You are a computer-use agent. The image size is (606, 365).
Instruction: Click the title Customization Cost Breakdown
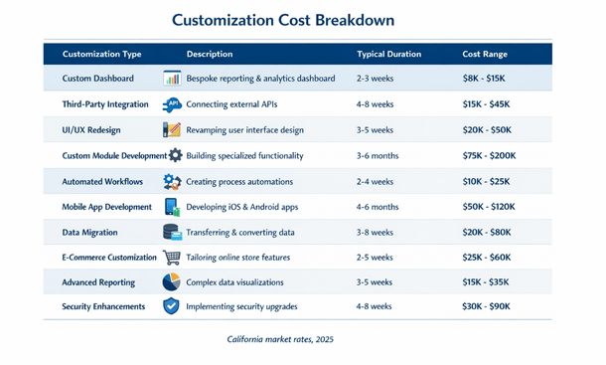click(282, 20)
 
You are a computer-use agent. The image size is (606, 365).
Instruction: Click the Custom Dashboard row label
click(97, 79)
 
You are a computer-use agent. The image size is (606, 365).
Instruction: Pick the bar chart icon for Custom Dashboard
click(172, 79)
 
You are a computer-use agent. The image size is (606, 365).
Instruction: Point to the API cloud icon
click(172, 104)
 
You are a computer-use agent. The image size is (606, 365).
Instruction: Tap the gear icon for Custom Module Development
click(176, 156)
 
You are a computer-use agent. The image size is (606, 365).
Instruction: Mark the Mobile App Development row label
click(106, 207)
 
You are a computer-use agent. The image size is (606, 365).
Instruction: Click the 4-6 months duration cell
click(378, 207)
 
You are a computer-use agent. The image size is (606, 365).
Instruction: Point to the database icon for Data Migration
click(172, 232)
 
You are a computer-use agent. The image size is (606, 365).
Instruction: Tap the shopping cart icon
click(172, 258)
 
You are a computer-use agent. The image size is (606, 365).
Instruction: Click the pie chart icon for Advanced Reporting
click(172, 282)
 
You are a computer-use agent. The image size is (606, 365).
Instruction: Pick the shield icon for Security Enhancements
click(172, 307)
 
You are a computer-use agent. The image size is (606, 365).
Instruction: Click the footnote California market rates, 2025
click(279, 340)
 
